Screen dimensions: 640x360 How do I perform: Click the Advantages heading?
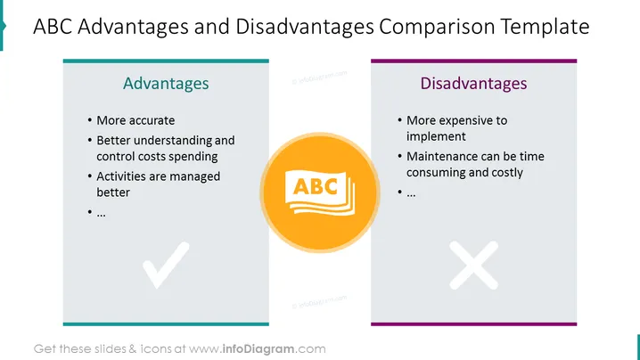[x=166, y=83]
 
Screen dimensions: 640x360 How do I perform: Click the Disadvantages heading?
[x=473, y=83]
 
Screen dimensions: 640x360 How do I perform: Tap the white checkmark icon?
[x=166, y=265]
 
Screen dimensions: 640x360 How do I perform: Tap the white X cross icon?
[x=473, y=265]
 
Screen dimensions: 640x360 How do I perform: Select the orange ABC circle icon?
[x=320, y=192]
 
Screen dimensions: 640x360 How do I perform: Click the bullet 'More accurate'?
[x=135, y=120]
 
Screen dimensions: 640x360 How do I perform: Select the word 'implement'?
[x=436, y=136]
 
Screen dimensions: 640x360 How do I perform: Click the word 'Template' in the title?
[x=545, y=27]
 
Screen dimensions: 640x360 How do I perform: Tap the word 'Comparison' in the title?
[x=437, y=27]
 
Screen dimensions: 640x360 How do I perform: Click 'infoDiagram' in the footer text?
[x=258, y=349]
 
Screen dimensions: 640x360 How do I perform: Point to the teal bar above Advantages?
[x=166, y=61]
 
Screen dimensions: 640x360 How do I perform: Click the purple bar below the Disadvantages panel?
[x=473, y=324]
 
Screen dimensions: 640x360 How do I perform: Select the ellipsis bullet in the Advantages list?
[x=101, y=214]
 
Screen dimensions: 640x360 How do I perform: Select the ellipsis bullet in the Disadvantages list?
[x=411, y=193]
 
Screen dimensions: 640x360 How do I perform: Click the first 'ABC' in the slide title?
[x=53, y=27]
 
